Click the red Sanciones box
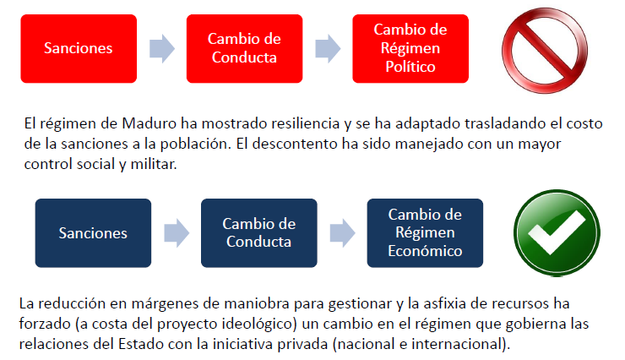click(x=79, y=48)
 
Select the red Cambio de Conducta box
click(x=244, y=48)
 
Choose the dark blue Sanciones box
click(x=93, y=232)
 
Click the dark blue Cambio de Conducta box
click(x=258, y=232)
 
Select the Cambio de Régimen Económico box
click(x=424, y=232)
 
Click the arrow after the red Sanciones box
click(x=161, y=48)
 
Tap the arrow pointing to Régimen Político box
click(x=327, y=48)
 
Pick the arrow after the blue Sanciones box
click(x=176, y=232)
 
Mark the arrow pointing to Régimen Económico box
click(x=341, y=232)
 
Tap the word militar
click(x=157, y=163)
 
